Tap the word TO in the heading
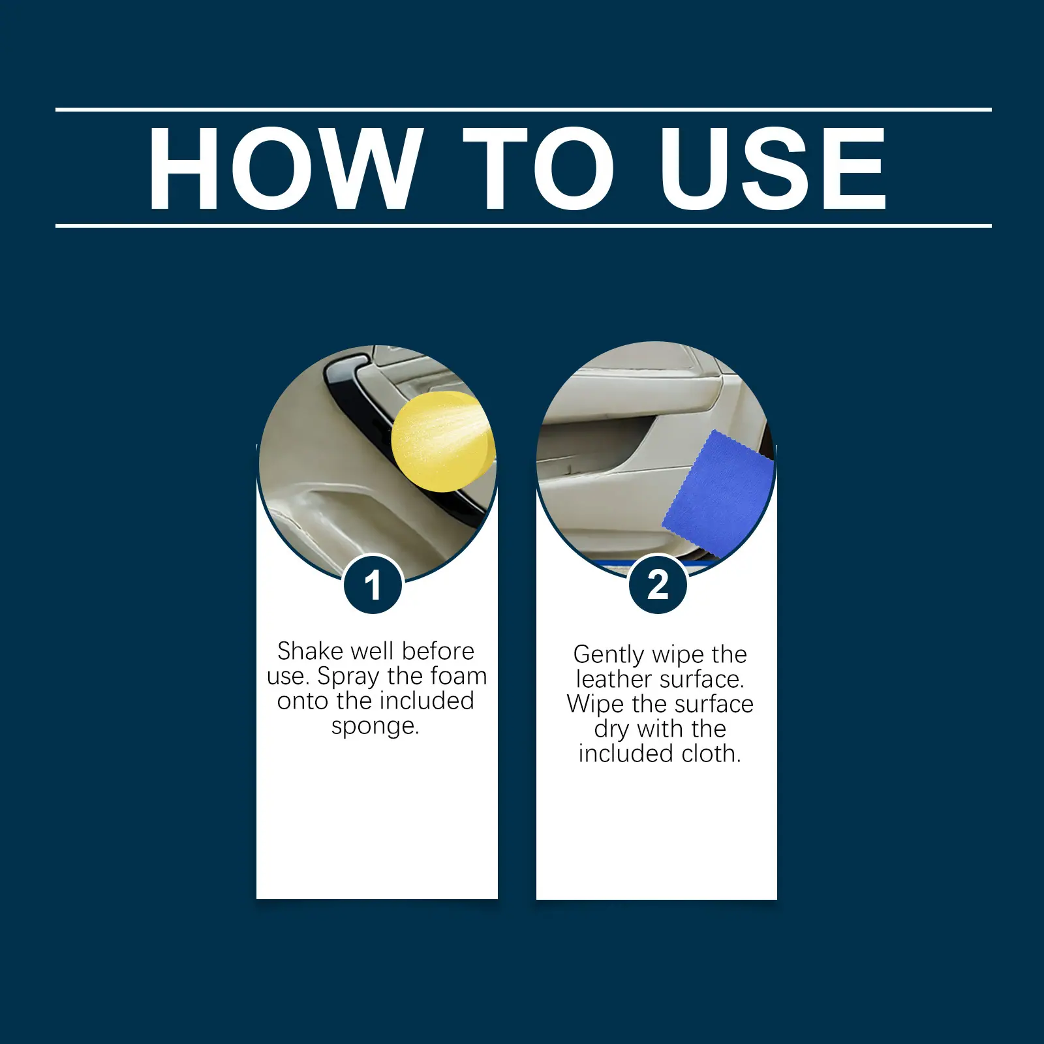pos(540,168)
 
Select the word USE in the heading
pos(773,168)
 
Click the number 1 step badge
pos(373,584)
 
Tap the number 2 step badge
pos(658,584)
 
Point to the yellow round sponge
pos(443,442)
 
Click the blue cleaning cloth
pos(718,494)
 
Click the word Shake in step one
pos(310,651)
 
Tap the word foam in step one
pos(459,676)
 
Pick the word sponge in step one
pos(375,727)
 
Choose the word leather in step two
pos(615,679)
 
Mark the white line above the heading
pos(523,110)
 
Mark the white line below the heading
pos(523,226)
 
